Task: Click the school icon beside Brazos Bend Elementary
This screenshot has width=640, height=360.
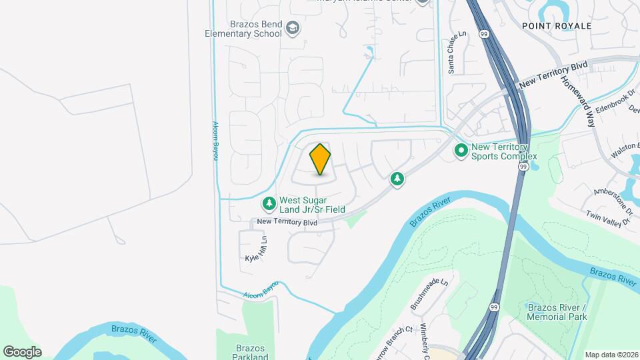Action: [293, 28]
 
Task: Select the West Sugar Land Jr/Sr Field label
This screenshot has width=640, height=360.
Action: [312, 204]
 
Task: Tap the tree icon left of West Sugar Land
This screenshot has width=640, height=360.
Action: [269, 202]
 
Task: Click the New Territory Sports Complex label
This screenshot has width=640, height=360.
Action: [500, 152]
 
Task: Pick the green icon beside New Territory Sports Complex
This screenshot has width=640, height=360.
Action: [461, 151]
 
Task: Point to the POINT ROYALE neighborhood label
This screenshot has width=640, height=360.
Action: [557, 26]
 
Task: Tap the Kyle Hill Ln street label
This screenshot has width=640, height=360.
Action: [256, 249]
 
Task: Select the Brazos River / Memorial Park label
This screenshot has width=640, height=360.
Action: [557, 312]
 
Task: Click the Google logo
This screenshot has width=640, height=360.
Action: [22, 351]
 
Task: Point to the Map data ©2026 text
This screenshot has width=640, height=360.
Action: [611, 355]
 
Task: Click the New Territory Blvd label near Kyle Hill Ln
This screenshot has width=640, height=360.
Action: [287, 222]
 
